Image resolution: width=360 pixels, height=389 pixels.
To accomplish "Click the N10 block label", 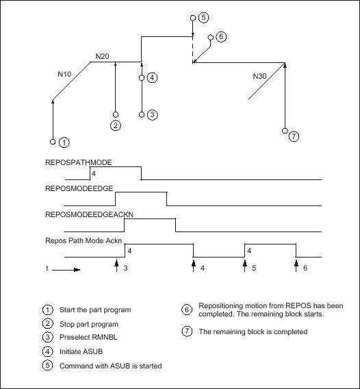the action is click(x=64, y=74).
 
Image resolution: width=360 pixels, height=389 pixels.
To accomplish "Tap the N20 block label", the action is click(x=102, y=57).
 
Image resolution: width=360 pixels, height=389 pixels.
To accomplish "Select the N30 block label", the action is click(x=259, y=76).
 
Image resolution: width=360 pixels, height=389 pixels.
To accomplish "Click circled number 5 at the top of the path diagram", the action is click(x=203, y=18).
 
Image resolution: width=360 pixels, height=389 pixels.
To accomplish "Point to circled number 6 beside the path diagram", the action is click(x=221, y=37).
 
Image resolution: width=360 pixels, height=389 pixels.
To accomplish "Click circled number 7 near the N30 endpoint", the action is click(x=294, y=136).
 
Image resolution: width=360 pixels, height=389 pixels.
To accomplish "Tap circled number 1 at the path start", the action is click(x=64, y=142).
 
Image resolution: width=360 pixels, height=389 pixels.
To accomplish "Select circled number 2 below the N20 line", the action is click(x=116, y=125).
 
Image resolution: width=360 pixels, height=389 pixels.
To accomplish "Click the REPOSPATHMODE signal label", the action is click(x=79, y=162).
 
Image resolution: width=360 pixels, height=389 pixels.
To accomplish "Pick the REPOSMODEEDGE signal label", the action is click(x=79, y=188).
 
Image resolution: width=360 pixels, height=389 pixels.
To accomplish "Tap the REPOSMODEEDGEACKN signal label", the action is click(x=89, y=214).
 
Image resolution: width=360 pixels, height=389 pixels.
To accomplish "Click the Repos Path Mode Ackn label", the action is click(x=83, y=240).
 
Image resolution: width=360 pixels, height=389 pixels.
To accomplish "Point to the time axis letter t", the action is click(x=47, y=268).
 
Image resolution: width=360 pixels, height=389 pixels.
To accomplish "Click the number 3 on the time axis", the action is click(x=126, y=268).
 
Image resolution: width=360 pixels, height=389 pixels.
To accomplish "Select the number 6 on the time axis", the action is click(x=305, y=268).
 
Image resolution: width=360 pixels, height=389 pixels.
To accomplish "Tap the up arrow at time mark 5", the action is click(x=245, y=266).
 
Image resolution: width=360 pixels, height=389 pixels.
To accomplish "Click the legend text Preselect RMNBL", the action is click(x=88, y=338).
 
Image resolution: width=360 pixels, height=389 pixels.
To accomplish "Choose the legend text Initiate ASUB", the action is click(x=81, y=352).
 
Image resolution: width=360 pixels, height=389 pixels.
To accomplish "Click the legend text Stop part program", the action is click(x=89, y=324).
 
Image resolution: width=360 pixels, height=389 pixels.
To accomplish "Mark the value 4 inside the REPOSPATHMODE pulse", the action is click(x=94, y=174).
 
